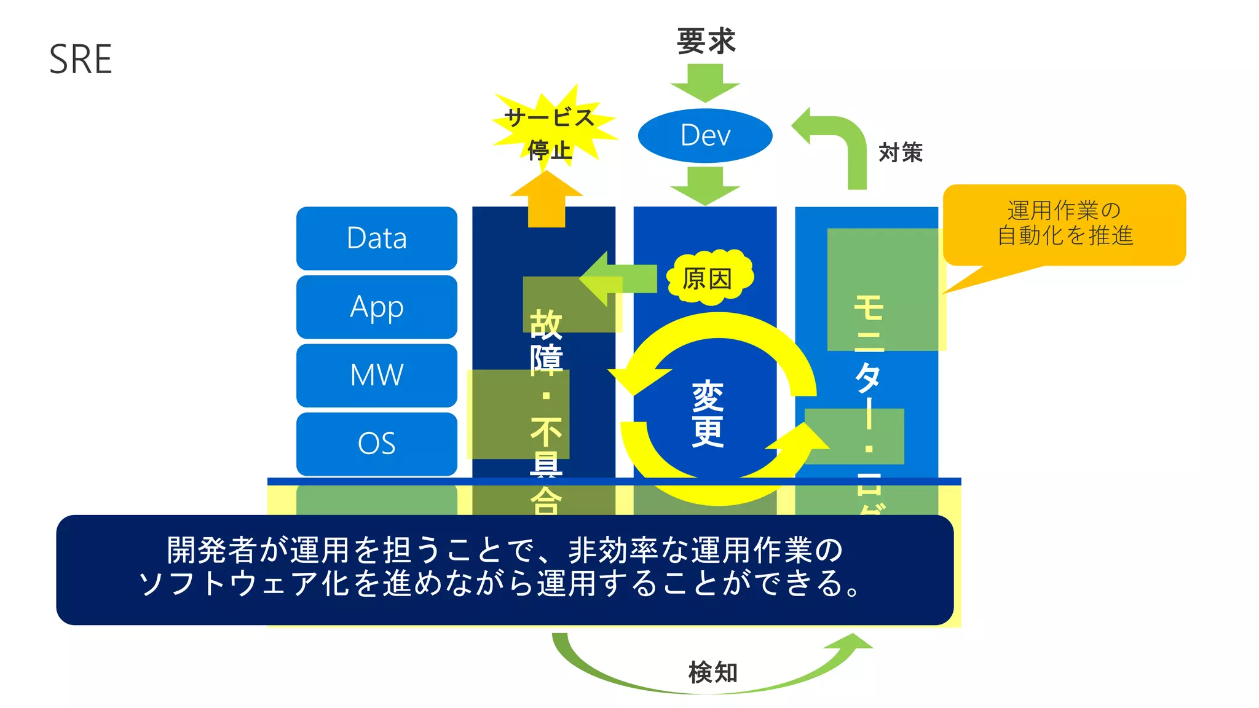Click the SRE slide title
pyautogui.click(x=81, y=60)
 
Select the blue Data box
pyautogui.click(x=376, y=238)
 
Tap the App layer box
pyautogui.click(x=376, y=307)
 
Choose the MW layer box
pyautogui.click(x=376, y=375)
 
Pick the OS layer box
pyautogui.click(x=376, y=443)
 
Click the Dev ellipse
pyautogui.click(x=705, y=136)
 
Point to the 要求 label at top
pyautogui.click(x=706, y=42)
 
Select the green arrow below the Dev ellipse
pyautogui.click(x=705, y=185)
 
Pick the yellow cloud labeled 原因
pyautogui.click(x=709, y=278)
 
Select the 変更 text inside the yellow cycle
pyautogui.click(x=707, y=413)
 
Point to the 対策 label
pyautogui.click(x=900, y=152)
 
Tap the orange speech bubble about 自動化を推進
pyautogui.click(x=1064, y=224)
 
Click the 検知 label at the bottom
pyautogui.click(x=712, y=672)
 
